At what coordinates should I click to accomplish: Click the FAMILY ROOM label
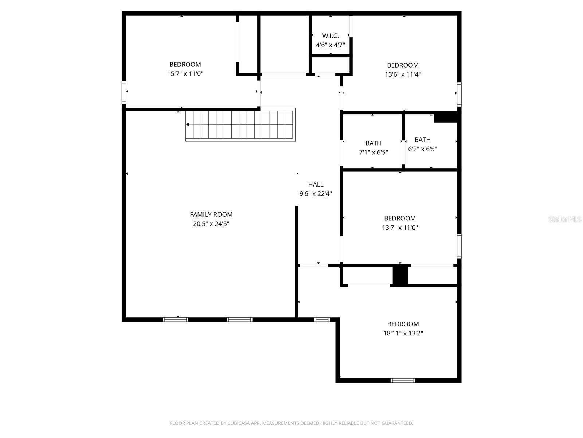211,215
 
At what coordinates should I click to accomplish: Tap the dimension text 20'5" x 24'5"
211,224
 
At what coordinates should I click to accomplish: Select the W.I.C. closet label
330,36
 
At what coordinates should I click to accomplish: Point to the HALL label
316,185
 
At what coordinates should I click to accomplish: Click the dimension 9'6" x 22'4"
316,194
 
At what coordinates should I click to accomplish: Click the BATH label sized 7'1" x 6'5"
373,143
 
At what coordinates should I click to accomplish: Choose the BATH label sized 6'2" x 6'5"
423,140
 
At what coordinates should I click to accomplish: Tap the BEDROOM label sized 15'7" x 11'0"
185,65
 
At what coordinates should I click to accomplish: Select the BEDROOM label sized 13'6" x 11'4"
403,65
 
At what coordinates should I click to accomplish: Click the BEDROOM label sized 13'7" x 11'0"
400,218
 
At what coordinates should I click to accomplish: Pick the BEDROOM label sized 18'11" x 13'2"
403,324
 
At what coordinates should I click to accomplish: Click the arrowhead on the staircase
187,124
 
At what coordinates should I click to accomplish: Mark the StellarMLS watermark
565,219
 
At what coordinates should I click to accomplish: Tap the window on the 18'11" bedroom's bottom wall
403,380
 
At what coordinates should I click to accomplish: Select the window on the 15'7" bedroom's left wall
124,92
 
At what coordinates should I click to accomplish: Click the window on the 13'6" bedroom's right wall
459,94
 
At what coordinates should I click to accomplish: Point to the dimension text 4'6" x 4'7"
330,45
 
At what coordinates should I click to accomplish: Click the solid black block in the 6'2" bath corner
445,118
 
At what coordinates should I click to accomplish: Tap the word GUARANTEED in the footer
396,423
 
